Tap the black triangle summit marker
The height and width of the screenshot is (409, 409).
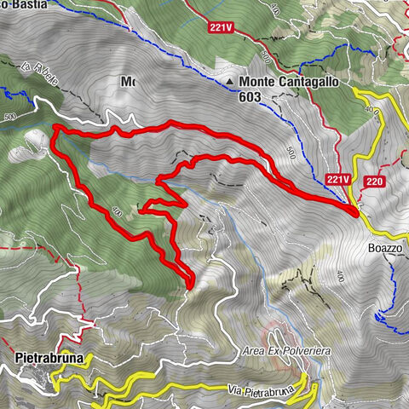[x=232, y=83]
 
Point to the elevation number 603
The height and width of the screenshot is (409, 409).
[x=256, y=98]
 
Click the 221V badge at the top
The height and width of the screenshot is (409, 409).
[x=220, y=27]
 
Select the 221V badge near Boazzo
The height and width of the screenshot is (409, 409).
[x=338, y=180]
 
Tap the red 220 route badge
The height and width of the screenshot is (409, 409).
[x=374, y=181]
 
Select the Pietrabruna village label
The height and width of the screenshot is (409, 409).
[x=49, y=358]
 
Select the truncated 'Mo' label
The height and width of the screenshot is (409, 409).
[x=128, y=82]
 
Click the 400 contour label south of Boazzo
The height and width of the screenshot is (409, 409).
[x=340, y=276]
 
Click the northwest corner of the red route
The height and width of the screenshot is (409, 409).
[x=55, y=129]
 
